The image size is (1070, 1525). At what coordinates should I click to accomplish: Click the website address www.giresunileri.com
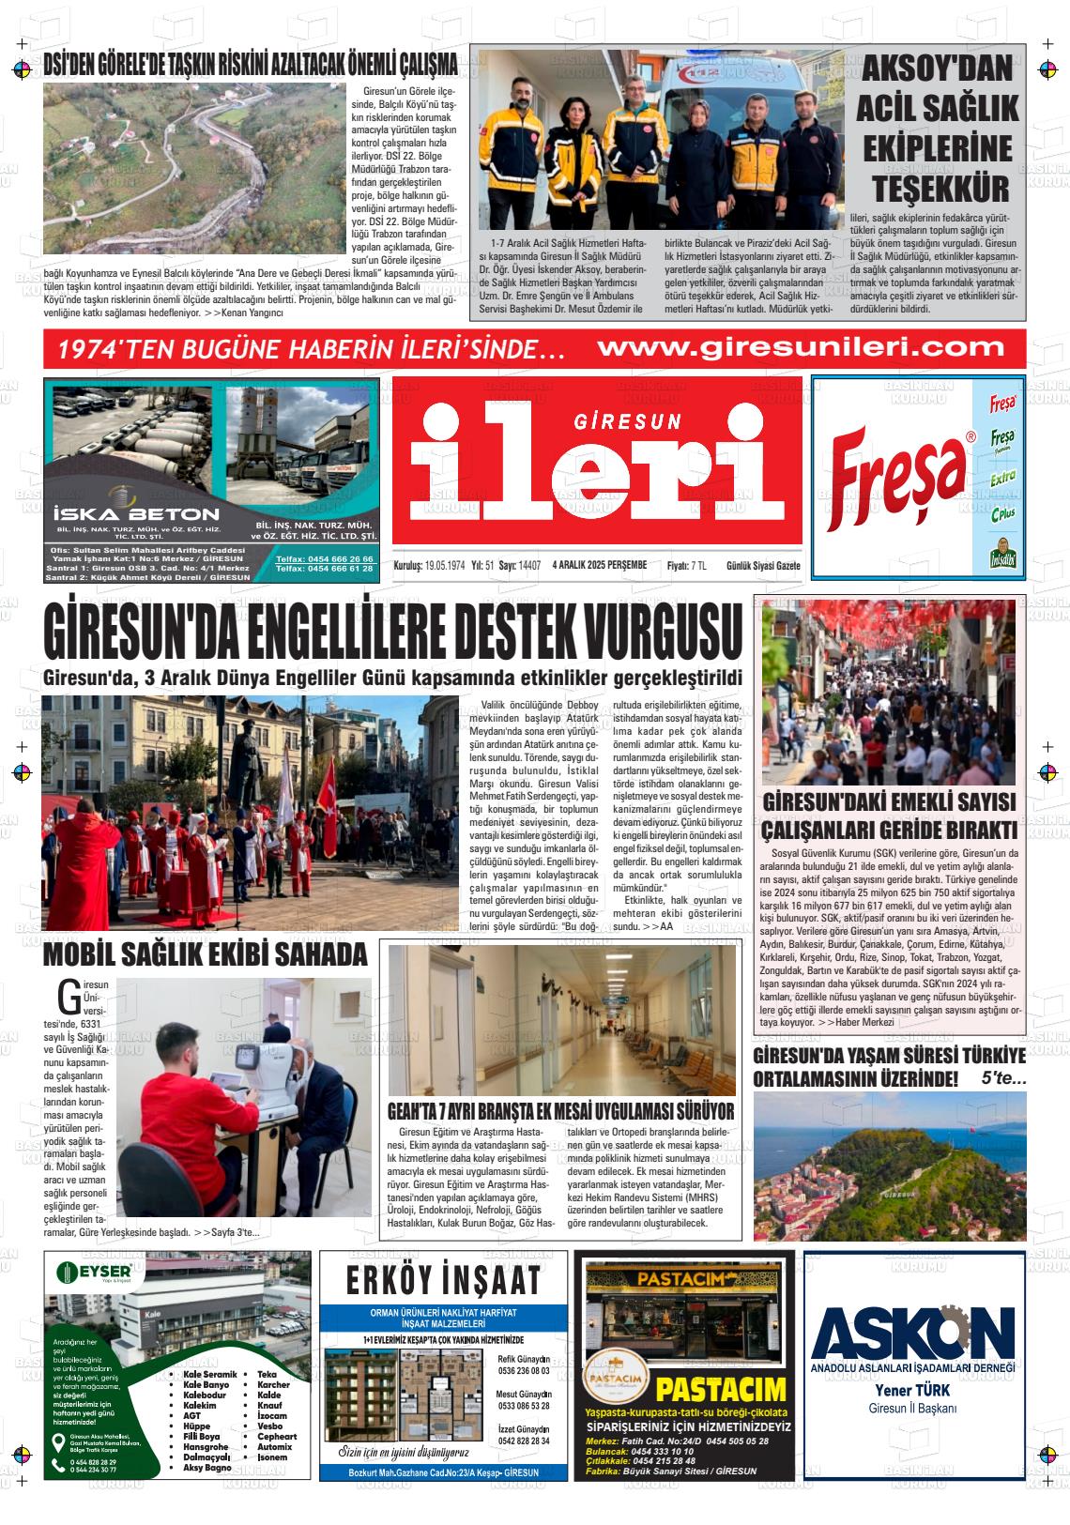tap(801, 347)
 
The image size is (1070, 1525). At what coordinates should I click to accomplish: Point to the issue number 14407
tap(529, 565)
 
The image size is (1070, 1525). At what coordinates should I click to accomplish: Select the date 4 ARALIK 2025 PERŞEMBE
tap(600, 565)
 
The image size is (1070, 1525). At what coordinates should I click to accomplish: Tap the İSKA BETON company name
tap(136, 513)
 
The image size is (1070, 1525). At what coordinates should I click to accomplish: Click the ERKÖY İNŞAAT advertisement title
tap(443, 1280)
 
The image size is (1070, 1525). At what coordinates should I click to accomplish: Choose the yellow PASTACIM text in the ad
tap(720, 1389)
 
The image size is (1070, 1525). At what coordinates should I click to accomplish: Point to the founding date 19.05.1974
tap(444, 565)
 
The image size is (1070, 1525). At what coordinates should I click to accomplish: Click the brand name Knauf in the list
tap(269, 1405)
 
